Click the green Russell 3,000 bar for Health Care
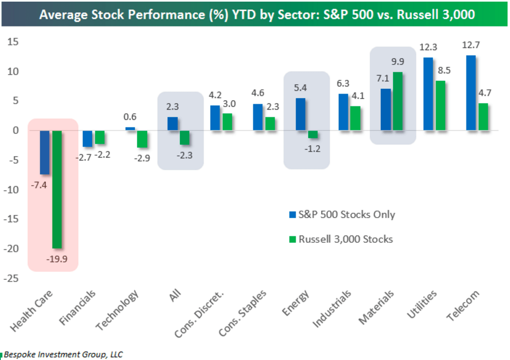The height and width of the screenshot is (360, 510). (57, 189)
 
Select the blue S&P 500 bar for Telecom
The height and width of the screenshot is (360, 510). (471, 93)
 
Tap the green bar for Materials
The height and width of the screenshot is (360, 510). (398, 101)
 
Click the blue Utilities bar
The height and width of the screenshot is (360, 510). (428, 94)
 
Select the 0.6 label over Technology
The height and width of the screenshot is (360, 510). (130, 117)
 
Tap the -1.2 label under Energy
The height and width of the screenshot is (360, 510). (312, 148)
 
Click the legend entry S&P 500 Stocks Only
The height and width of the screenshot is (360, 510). (346, 214)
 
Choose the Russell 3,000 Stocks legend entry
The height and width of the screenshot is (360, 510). (345, 239)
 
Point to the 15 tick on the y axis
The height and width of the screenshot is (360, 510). (15, 42)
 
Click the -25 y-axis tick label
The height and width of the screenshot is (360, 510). (12, 279)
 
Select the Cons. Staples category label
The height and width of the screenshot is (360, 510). (243, 313)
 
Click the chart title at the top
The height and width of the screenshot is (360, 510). (256, 15)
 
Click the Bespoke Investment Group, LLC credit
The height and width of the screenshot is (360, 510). (63, 354)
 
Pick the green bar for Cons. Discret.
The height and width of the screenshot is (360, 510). (227, 122)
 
